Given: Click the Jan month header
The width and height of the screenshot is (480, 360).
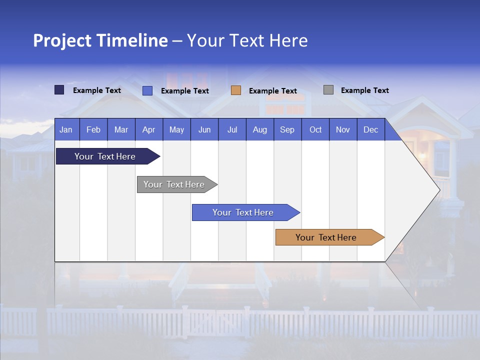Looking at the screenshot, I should point(66,129).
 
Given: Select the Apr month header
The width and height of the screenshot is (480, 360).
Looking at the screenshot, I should point(148,129).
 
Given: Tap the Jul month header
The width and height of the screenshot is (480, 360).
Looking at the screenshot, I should point(232,129).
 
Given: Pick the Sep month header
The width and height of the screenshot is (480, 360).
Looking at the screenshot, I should point(287,129).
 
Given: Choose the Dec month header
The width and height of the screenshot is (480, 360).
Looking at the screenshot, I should point(370,129).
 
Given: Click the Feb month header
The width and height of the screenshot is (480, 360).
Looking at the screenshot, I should point(93,129).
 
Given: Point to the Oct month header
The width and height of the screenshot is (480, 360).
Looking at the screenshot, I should point(315,129).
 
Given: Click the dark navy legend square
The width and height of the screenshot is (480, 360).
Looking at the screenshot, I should point(59,90).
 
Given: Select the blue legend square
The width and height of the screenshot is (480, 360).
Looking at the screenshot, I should point(147,90).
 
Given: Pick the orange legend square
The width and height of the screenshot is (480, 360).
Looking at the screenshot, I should point(236,90).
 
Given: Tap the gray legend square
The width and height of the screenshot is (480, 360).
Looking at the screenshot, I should point(328,90).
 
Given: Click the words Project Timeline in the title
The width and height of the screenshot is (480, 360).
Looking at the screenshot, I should point(100,40).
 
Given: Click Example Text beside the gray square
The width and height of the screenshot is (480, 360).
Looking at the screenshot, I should point(364,90).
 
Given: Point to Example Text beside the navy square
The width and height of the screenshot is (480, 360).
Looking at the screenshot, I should point(97,90).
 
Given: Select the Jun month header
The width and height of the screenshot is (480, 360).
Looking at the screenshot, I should point(204,129).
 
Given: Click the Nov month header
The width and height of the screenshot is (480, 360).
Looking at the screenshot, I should point(343,129).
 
